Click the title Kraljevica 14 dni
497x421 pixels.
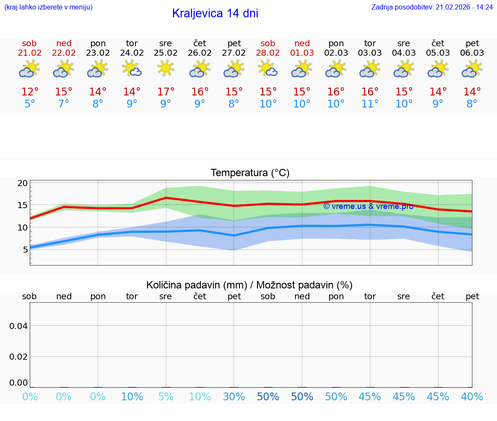point(215,13)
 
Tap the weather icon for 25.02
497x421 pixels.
point(166,68)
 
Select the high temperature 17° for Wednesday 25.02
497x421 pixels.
point(166,92)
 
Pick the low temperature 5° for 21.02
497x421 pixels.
point(30,104)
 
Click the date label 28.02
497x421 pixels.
point(268,53)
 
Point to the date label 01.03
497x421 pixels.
point(302,53)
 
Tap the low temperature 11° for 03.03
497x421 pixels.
point(370,104)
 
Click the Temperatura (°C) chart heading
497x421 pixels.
point(250,173)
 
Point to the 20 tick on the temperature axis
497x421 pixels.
point(22,183)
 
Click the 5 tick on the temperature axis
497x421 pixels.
point(25,249)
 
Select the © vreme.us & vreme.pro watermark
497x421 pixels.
point(368,206)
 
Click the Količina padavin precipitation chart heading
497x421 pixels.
point(249,285)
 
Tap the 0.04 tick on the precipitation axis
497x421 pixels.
point(19,326)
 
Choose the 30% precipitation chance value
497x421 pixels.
point(234,397)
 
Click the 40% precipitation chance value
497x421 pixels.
point(472,397)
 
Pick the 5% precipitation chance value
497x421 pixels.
point(166,397)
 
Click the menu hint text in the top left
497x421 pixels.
point(48,7)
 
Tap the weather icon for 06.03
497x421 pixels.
point(472,68)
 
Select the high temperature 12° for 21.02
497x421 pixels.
point(30,92)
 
